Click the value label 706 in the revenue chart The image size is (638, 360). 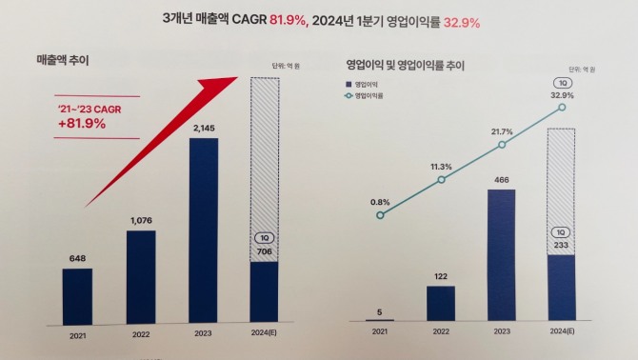[264, 250]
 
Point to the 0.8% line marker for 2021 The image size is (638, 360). [380, 215]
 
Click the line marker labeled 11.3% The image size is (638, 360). [441, 180]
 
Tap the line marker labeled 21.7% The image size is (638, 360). [503, 146]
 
